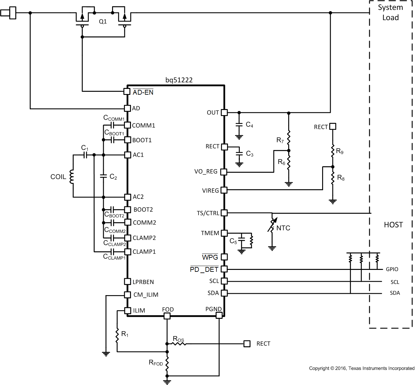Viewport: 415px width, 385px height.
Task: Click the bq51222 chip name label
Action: click(x=179, y=80)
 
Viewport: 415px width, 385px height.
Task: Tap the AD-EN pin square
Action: click(x=127, y=92)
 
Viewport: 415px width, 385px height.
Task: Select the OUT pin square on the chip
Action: click(x=224, y=113)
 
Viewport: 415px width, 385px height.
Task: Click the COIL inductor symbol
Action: click(x=72, y=177)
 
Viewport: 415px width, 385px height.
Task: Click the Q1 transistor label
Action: click(x=103, y=22)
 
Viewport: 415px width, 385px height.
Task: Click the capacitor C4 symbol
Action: click(x=239, y=125)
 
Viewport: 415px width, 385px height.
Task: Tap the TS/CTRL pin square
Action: click(x=224, y=213)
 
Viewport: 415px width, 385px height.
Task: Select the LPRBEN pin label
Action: click(x=143, y=282)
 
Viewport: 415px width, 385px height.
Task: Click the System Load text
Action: click(x=390, y=12)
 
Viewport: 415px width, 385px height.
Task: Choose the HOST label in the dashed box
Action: click(x=393, y=225)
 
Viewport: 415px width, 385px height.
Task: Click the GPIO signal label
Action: click(x=392, y=269)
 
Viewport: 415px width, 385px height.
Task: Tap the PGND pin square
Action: click(x=219, y=316)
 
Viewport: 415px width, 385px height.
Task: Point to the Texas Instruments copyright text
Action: click(x=362, y=368)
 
